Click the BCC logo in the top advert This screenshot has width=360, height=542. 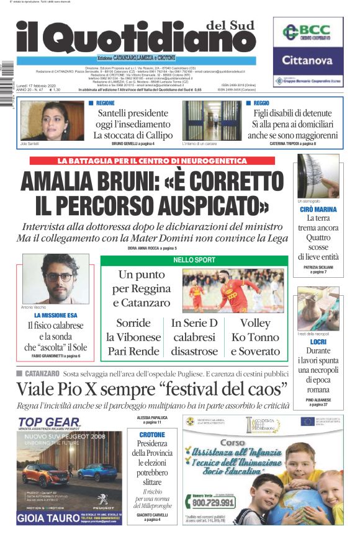click(307, 32)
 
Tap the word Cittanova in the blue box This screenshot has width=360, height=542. click(307, 60)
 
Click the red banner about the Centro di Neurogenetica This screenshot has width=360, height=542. click(152, 161)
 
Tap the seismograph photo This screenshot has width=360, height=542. click(318, 176)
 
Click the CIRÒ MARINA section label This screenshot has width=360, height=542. click(318, 210)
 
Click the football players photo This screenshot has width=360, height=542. click(233, 290)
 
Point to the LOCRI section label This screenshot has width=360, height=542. click(318, 342)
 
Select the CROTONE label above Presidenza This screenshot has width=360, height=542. click(152, 435)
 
